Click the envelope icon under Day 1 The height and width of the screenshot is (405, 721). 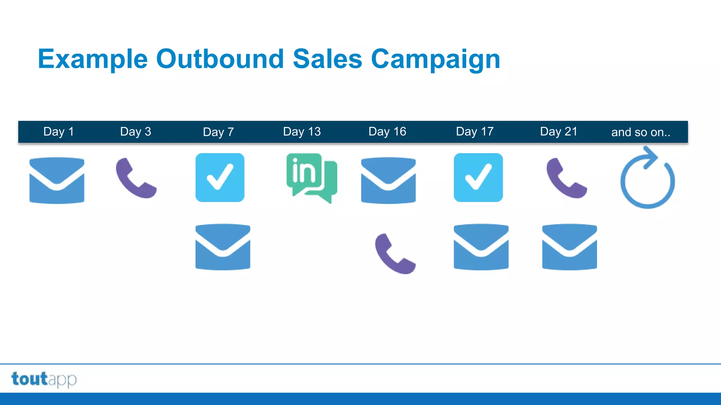(x=57, y=180)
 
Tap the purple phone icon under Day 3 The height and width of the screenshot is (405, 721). (x=136, y=178)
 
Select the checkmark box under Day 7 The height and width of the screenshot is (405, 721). (x=220, y=178)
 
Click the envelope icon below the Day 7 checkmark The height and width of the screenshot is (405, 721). (x=223, y=247)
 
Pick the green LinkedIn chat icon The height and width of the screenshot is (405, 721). (x=311, y=178)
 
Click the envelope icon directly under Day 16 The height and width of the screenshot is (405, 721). (x=388, y=180)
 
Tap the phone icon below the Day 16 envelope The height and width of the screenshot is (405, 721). (x=395, y=253)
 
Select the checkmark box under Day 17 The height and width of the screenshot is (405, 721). (x=478, y=178)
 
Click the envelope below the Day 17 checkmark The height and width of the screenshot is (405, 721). (x=481, y=247)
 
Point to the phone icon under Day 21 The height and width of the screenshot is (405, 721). (x=566, y=178)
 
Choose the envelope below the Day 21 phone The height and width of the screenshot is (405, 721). (x=569, y=247)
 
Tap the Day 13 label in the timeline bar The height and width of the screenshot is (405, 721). (x=302, y=131)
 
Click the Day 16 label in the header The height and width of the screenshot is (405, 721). (x=387, y=131)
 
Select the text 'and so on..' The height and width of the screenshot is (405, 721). (x=640, y=132)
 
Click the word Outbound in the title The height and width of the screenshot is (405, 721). (x=220, y=59)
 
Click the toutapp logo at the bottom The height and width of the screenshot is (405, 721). (x=44, y=379)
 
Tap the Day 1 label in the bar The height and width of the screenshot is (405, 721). (x=58, y=131)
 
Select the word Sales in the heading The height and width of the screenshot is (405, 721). (x=327, y=59)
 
